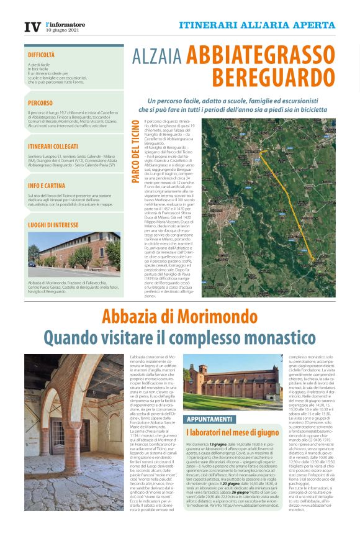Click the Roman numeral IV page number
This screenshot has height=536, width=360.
tap(32, 27)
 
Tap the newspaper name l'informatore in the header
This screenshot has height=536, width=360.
tap(65, 24)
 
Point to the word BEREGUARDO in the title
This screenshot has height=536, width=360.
tap(273, 78)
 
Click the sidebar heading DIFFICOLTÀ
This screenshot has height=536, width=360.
tap(42, 55)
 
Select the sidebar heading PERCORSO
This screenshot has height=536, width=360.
tap(40, 102)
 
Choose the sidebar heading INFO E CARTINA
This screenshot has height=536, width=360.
tap(46, 185)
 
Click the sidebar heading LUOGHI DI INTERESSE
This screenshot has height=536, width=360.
tap(53, 225)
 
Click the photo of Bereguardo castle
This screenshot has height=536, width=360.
tap(74, 255)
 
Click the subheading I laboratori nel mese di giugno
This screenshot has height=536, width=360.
tap(233, 432)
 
